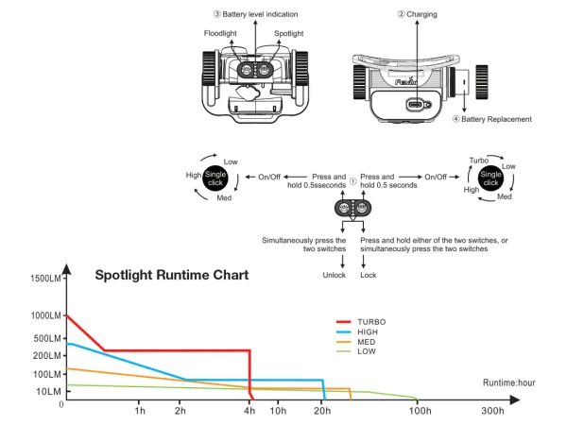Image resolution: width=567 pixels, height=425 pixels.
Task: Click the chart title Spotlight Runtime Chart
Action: [172, 276]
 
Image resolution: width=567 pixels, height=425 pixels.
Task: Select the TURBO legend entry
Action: [370, 322]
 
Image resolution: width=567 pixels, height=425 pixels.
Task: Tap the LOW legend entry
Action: [367, 351]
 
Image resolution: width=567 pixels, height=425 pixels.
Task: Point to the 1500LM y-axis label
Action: [45, 279]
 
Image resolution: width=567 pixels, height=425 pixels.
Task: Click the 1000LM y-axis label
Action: [45, 315]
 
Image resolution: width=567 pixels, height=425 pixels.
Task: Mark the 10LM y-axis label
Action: [49, 391]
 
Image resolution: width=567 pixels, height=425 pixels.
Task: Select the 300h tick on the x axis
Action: [492, 412]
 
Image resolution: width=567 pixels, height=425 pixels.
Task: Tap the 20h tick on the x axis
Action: [322, 412]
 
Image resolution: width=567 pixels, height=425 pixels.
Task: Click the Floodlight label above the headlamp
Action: [219, 34]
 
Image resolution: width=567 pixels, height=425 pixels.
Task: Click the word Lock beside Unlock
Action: [368, 275]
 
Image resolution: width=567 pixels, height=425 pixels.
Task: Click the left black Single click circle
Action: [215, 178]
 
